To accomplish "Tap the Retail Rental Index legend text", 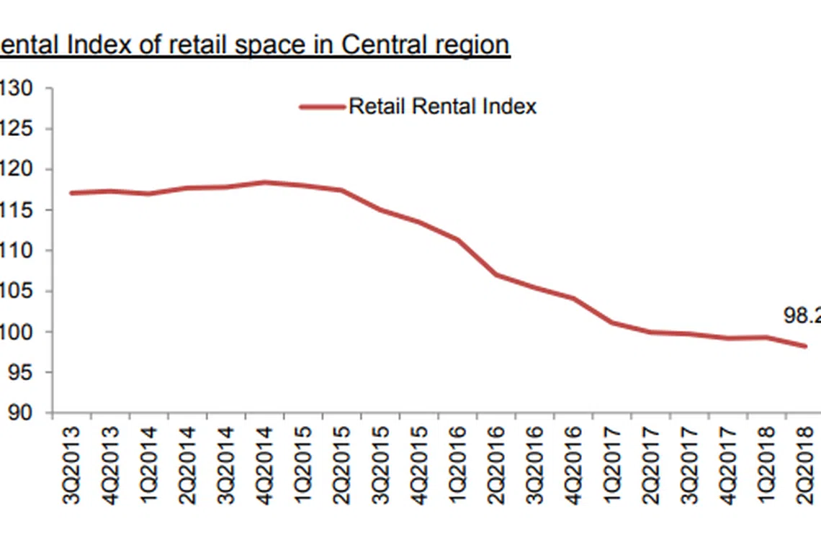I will [442, 107].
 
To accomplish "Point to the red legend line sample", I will [322, 107].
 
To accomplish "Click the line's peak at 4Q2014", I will [265, 182].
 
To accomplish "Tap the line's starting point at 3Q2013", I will [72, 193].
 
